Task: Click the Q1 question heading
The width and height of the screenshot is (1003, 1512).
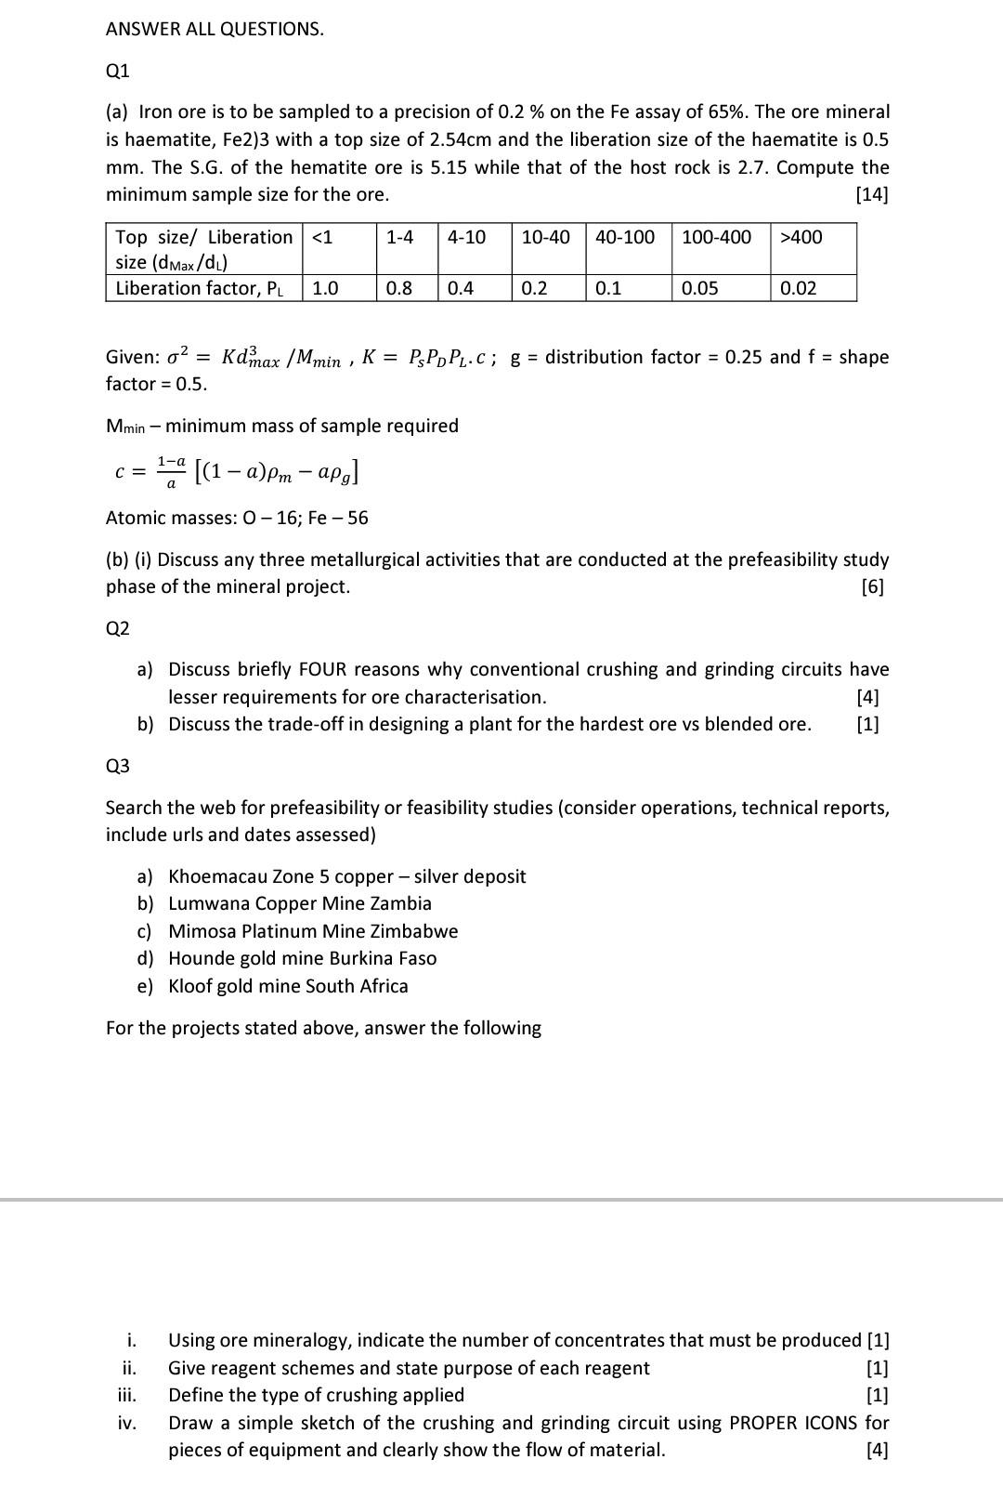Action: pyautogui.click(x=118, y=71)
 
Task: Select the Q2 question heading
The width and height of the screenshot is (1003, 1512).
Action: pyautogui.click(x=118, y=628)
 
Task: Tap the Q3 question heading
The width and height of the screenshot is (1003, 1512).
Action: pyautogui.click(x=118, y=766)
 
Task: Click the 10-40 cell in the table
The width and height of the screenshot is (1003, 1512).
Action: pyautogui.click(x=545, y=237)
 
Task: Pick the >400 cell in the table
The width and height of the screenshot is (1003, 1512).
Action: pyautogui.click(x=801, y=237)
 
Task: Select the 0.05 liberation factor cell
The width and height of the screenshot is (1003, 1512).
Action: pyautogui.click(x=699, y=288)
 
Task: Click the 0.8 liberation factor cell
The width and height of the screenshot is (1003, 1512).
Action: pyautogui.click(x=398, y=288)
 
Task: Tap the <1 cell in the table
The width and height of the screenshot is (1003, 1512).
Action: pyautogui.click(x=321, y=237)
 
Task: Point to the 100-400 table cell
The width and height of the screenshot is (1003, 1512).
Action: pyautogui.click(x=716, y=237)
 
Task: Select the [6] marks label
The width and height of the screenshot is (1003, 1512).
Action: pyautogui.click(x=872, y=586)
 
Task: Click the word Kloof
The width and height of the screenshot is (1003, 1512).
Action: pyautogui.click(x=190, y=986)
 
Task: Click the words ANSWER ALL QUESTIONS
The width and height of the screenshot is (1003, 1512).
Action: pyautogui.click(x=215, y=29)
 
